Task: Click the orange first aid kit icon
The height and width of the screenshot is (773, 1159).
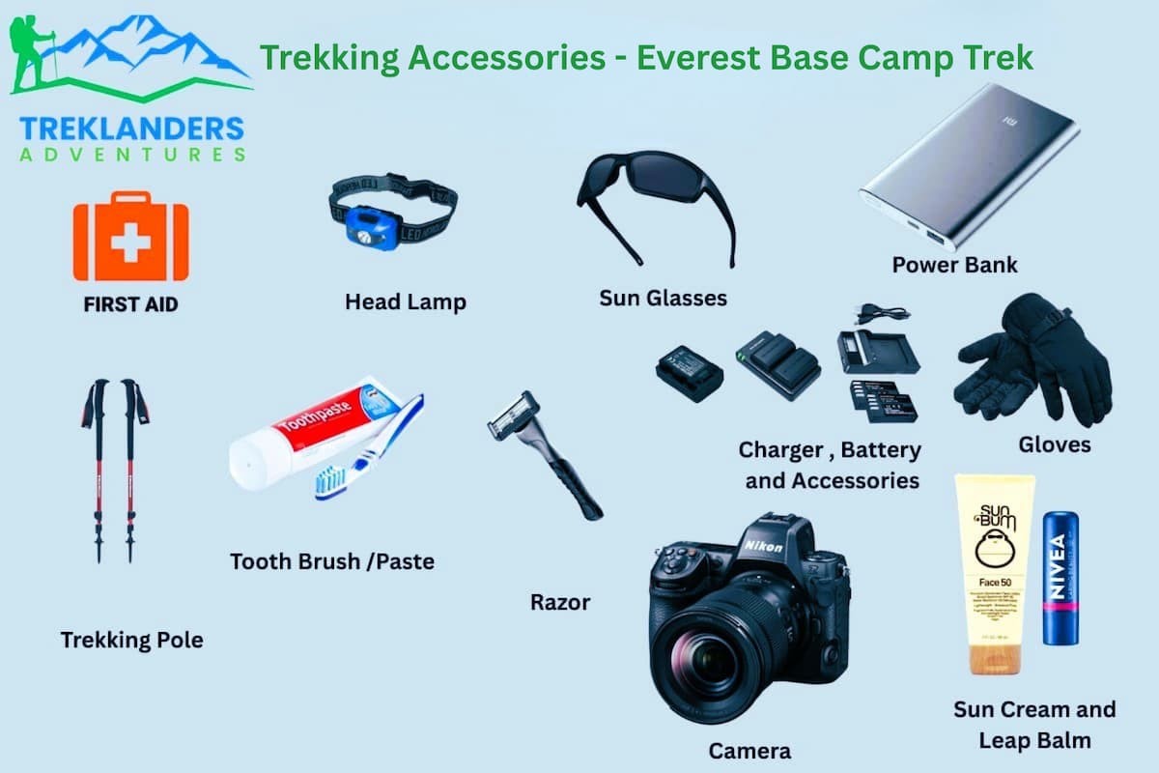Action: point(130,238)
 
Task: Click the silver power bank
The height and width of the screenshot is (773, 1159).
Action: point(969,164)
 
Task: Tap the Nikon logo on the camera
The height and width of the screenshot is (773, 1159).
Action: point(763,547)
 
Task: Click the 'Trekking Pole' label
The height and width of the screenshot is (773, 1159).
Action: point(131,640)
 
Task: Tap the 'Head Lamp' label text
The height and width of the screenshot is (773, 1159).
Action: point(406,302)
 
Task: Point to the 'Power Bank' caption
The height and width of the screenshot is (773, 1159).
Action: point(954,265)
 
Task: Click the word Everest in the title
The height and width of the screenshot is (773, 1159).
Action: point(696,58)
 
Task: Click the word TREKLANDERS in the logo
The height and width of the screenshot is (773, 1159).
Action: point(131,129)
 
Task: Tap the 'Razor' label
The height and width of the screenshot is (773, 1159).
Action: point(560,602)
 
